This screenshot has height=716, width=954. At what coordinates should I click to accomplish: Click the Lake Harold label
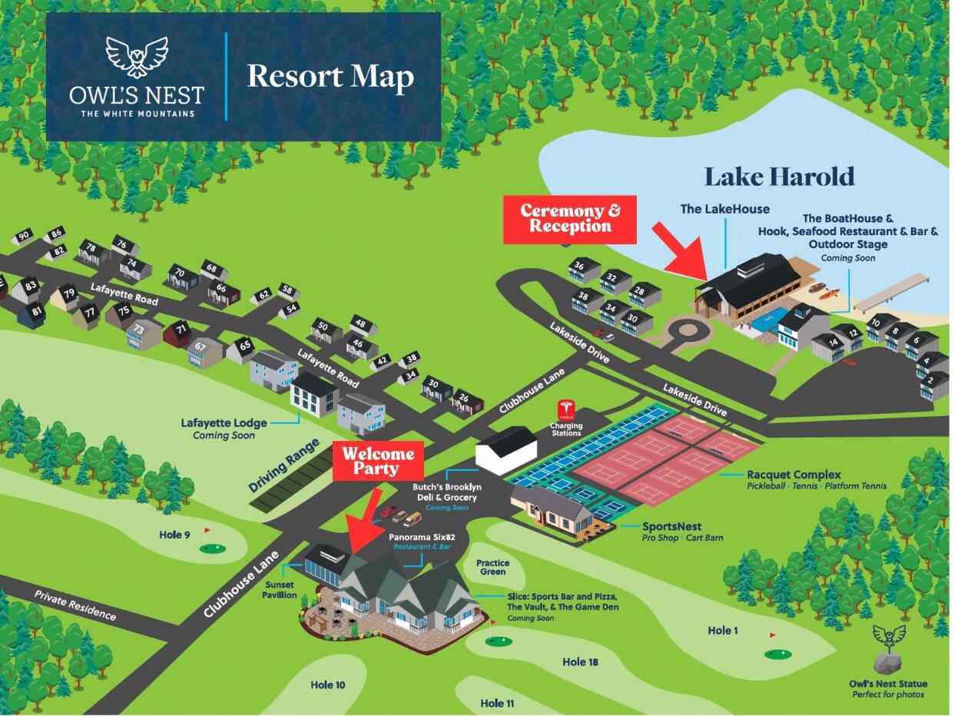pyautogui.click(x=780, y=177)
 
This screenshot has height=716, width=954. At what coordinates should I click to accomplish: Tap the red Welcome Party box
pyautogui.click(x=378, y=461)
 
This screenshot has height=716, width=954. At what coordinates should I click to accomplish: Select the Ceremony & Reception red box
pyautogui.click(x=570, y=219)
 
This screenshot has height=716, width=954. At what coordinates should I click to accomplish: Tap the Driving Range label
pyautogui.click(x=284, y=465)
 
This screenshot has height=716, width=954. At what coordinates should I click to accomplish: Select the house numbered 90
pyautogui.click(x=24, y=237)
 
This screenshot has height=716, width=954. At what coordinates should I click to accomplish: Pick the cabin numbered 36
pyautogui.click(x=583, y=270)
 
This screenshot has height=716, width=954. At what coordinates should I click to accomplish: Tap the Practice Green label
pyautogui.click(x=492, y=567)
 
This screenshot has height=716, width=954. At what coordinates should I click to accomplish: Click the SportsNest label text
pyautogui.click(x=671, y=526)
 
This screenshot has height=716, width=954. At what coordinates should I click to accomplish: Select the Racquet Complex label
pyautogui.click(x=793, y=475)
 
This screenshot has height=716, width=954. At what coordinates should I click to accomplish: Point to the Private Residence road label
pyautogui.click(x=75, y=605)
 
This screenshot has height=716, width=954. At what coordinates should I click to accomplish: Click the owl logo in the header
pyautogui.click(x=137, y=57)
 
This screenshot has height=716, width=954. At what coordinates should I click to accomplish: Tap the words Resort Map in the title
pyautogui.click(x=330, y=77)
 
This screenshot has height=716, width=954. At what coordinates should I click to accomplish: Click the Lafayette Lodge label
pyautogui.click(x=224, y=423)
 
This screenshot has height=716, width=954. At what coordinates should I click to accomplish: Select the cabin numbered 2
pyautogui.click(x=933, y=384)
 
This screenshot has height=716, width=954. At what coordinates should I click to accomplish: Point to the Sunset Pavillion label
pyautogui.click(x=279, y=590)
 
